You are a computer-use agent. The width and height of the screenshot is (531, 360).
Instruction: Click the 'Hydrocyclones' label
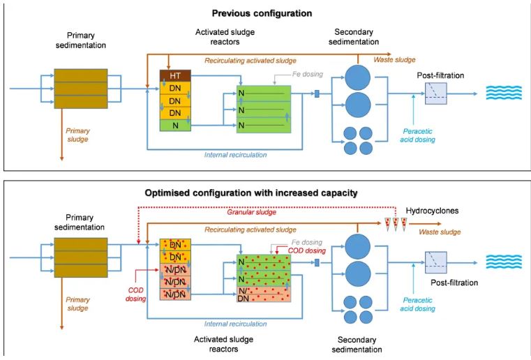coord(435,211)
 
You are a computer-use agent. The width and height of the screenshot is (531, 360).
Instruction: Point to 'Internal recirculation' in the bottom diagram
coord(235,324)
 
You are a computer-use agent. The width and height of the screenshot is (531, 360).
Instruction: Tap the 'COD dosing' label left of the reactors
coord(135,293)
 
